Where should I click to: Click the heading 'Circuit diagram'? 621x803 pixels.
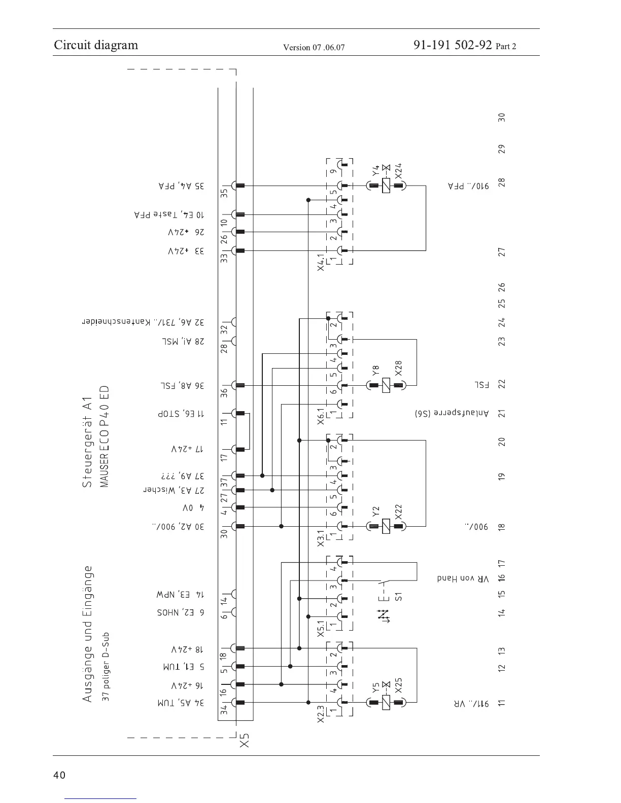(x=96, y=45)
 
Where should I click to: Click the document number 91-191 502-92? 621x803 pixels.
(x=453, y=45)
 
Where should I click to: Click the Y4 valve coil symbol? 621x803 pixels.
(x=386, y=186)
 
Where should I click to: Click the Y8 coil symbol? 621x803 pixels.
(x=386, y=386)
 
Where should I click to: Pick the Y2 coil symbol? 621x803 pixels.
(x=386, y=526)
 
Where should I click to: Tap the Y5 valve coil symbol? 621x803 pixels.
(x=386, y=703)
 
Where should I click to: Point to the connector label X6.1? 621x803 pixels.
(x=321, y=414)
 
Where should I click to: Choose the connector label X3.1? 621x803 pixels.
(x=321, y=538)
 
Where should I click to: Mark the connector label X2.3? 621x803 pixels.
(x=321, y=714)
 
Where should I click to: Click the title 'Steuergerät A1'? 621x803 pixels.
(x=87, y=442)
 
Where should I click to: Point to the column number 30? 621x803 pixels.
(x=501, y=117)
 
